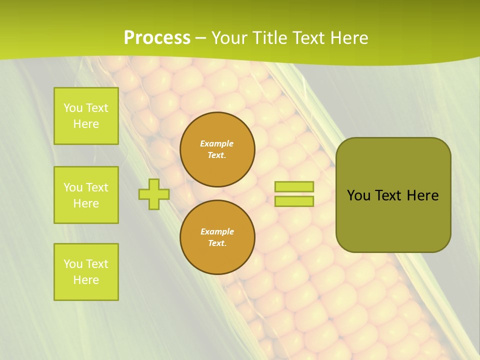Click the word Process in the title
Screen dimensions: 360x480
pos(157,38)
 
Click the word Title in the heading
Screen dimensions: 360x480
pos(269,38)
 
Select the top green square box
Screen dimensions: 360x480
pos(86,116)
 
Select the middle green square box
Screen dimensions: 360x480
pos(86,195)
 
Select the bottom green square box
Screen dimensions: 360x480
pos(86,272)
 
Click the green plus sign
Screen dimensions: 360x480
pos(154,194)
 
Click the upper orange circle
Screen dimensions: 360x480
pos(217,149)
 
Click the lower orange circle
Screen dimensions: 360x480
pos(217,237)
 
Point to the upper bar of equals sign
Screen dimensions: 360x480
pos(294,187)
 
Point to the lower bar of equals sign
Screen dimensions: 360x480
pos(294,201)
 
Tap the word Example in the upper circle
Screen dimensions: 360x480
pos(217,143)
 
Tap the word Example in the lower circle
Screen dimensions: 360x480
pos(217,231)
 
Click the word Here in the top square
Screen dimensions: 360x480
pos(86,124)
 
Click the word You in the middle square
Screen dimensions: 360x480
pos(72,187)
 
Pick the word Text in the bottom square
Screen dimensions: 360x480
pos(97,264)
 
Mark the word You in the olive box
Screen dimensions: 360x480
pos(358,195)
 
